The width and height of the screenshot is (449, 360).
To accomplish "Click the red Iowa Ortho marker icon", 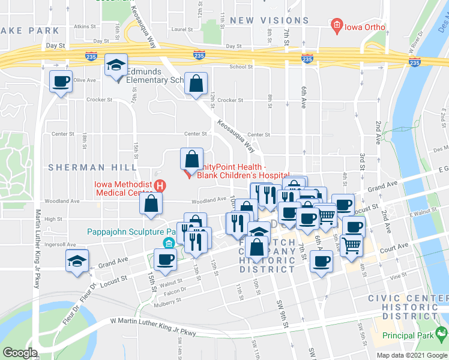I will (337, 25).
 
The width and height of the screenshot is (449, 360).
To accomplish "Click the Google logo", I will (20, 353).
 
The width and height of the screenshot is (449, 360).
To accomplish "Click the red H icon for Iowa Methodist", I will (160, 186).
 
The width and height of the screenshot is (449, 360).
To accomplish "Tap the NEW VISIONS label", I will (270, 20).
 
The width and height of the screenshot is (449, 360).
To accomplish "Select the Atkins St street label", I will (85, 26).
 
